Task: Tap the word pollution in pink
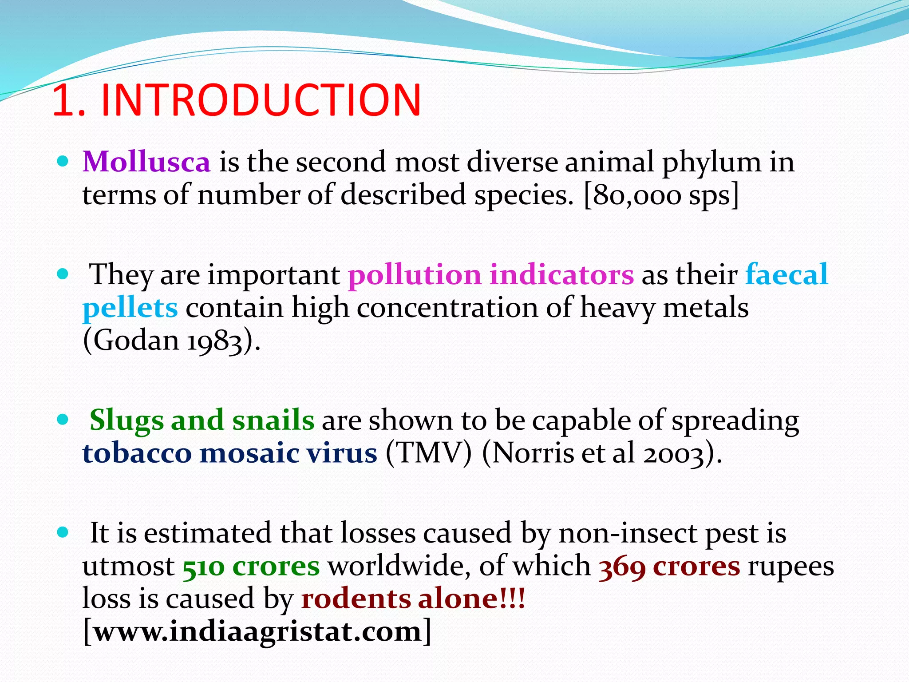[415, 274]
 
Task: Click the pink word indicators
[561, 274]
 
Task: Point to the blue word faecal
[786, 274]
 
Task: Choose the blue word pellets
[130, 308]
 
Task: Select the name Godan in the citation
[137, 341]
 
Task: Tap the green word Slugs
[126, 420]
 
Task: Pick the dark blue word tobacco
[137, 453]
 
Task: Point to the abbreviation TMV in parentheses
[428, 453]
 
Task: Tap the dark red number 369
[622, 567]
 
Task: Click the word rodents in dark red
[356, 599]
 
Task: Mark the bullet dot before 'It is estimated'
[63, 532]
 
